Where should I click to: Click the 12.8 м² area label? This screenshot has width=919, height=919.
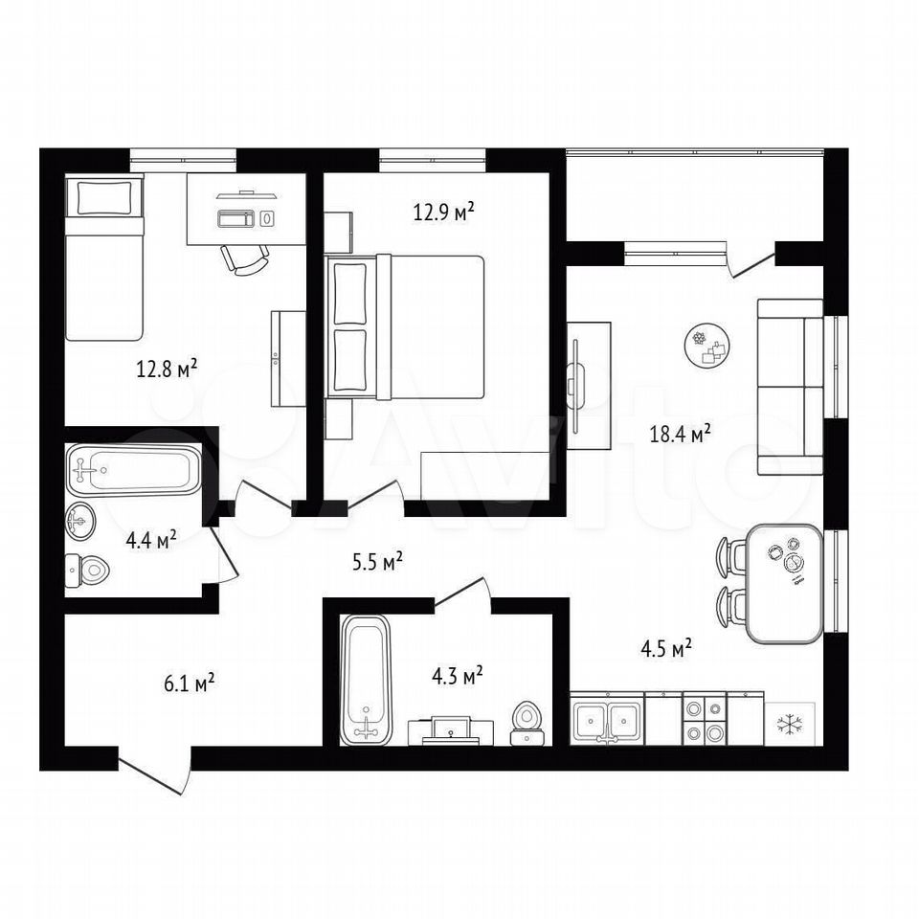click(167, 369)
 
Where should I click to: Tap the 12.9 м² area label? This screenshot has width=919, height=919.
click(443, 211)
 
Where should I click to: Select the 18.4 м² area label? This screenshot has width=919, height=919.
click(680, 435)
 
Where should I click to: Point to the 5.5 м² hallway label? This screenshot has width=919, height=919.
click(377, 562)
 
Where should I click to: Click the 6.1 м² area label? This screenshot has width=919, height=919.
click(189, 683)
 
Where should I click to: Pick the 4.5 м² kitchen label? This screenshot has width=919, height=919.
click(666, 649)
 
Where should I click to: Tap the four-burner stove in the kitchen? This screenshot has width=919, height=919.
click(705, 720)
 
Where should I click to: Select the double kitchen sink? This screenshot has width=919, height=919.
click(607, 720)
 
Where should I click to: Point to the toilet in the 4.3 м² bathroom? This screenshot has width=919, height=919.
click(528, 725)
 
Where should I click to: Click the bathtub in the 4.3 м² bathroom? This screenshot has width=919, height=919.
click(364, 680)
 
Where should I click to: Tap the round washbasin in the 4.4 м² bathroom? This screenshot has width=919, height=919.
click(79, 521)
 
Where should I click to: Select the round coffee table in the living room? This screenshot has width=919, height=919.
click(708, 346)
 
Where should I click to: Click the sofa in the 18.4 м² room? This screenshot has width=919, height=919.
click(791, 387)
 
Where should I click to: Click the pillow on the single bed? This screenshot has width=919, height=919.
click(104, 198)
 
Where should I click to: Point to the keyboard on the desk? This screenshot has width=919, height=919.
click(236, 218)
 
